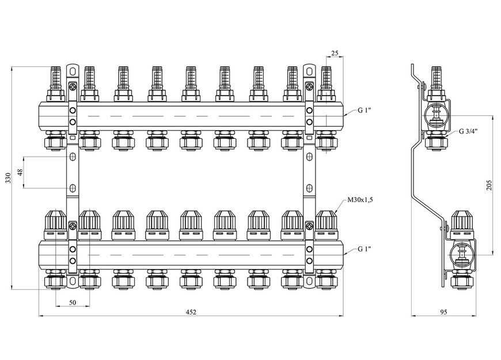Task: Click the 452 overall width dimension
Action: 191,312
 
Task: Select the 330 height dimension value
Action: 8,178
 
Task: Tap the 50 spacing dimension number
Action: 73,302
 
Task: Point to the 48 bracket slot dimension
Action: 20,173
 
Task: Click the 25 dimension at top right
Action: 335,53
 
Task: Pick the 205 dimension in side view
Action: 489,185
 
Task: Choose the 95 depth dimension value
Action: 443,312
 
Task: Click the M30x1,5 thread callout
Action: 360,200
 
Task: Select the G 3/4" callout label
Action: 468,131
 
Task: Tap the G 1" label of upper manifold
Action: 365,110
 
